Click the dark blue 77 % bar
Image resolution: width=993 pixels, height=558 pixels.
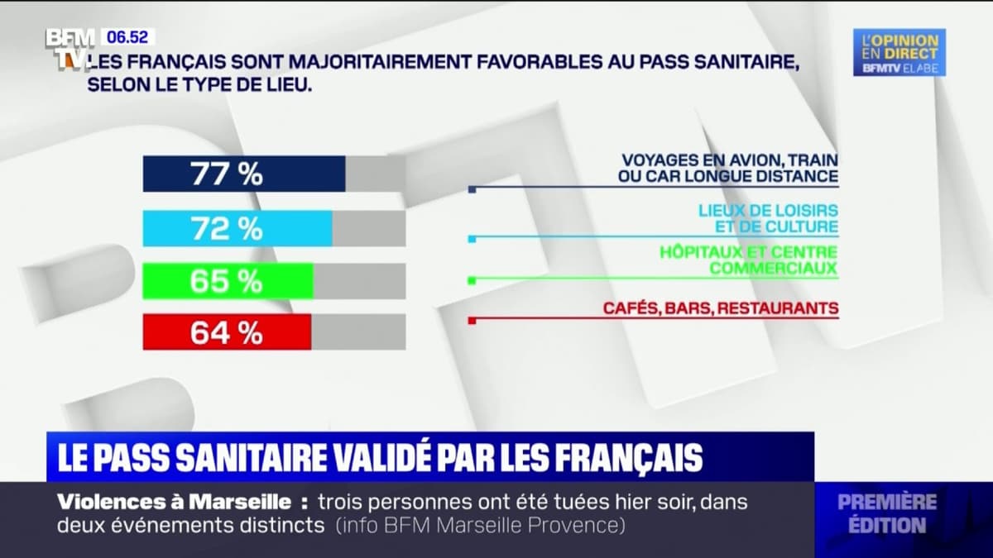click(244, 174)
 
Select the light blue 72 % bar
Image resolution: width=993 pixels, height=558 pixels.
click(237, 228)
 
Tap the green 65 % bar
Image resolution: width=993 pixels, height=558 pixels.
click(228, 281)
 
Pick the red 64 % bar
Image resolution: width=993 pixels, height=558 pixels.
click(227, 332)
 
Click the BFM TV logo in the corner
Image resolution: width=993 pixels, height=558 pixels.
click(70, 47)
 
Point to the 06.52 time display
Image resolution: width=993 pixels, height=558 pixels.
click(127, 37)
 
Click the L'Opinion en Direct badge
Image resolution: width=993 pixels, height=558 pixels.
click(899, 52)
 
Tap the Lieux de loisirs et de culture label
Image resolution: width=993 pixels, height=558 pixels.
click(767, 218)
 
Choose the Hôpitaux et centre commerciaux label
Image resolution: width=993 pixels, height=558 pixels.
click(748, 260)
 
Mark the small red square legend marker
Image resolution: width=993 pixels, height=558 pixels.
click(472, 321)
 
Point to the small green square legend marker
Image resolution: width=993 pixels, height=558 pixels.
click(472, 281)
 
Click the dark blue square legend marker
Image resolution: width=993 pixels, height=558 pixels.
click(472, 189)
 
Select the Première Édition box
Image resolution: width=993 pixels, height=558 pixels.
click(886, 513)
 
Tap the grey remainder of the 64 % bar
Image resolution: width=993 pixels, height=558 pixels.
click(358, 332)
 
